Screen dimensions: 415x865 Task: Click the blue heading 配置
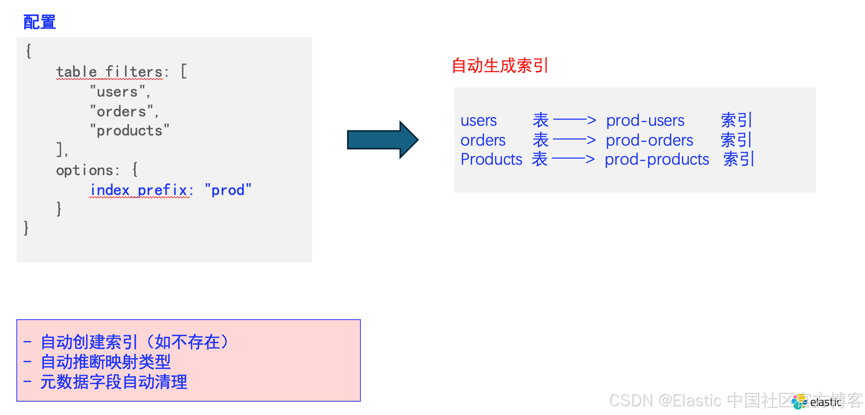pos(40,22)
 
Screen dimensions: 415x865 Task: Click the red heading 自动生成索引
pos(500,66)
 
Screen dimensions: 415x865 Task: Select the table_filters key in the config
pos(109,72)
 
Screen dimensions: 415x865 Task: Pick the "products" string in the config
pos(130,131)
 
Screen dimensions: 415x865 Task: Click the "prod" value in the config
pos(228,190)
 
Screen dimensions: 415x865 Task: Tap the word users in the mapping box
pos(479,121)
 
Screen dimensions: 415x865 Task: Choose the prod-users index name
pos(645,121)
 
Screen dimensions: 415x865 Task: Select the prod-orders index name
pos(650,140)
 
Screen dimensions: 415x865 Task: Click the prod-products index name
pos(657,159)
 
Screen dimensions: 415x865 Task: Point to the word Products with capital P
pos(491,159)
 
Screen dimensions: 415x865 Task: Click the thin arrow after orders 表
pos(574,140)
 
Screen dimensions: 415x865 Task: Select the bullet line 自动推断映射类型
pos(106,362)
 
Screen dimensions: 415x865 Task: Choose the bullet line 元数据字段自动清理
pos(114,382)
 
